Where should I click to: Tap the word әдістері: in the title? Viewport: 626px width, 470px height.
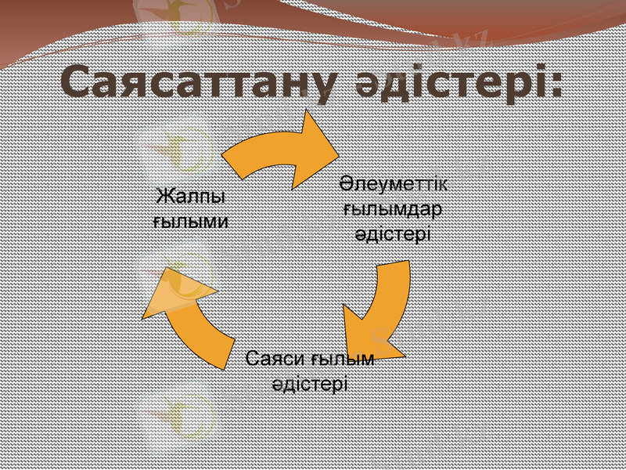(x=455, y=83)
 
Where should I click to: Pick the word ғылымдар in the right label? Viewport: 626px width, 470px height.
(x=394, y=209)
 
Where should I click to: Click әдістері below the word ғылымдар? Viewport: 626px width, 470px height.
(x=394, y=233)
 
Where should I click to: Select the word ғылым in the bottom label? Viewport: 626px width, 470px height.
(x=343, y=360)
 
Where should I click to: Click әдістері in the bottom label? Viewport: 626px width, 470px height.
(x=310, y=385)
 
